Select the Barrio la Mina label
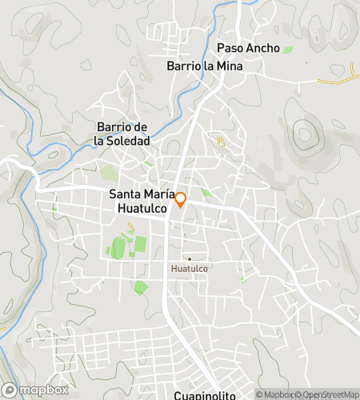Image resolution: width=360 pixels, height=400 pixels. click(x=204, y=66)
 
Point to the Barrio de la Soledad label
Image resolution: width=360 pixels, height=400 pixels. click(x=122, y=134)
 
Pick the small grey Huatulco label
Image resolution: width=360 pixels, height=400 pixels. click(x=190, y=269)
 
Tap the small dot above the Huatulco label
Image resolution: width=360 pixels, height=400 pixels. click(x=190, y=258)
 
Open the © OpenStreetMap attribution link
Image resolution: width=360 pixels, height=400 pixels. click(x=330, y=394)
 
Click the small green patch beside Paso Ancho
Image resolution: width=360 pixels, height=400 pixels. click(x=287, y=50)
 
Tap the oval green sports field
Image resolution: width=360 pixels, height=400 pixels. click(x=118, y=248)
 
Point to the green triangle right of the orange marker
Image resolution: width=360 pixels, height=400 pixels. click(x=206, y=193)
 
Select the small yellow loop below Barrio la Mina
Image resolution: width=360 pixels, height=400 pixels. click(x=222, y=142)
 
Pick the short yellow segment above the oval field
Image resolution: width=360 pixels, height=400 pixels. click(x=130, y=226)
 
